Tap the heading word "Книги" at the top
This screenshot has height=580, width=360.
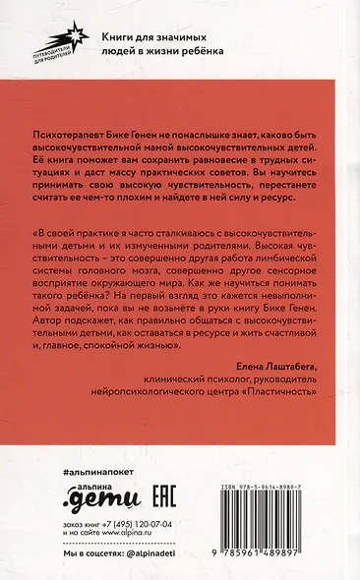pyautogui.click(x=119, y=34)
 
